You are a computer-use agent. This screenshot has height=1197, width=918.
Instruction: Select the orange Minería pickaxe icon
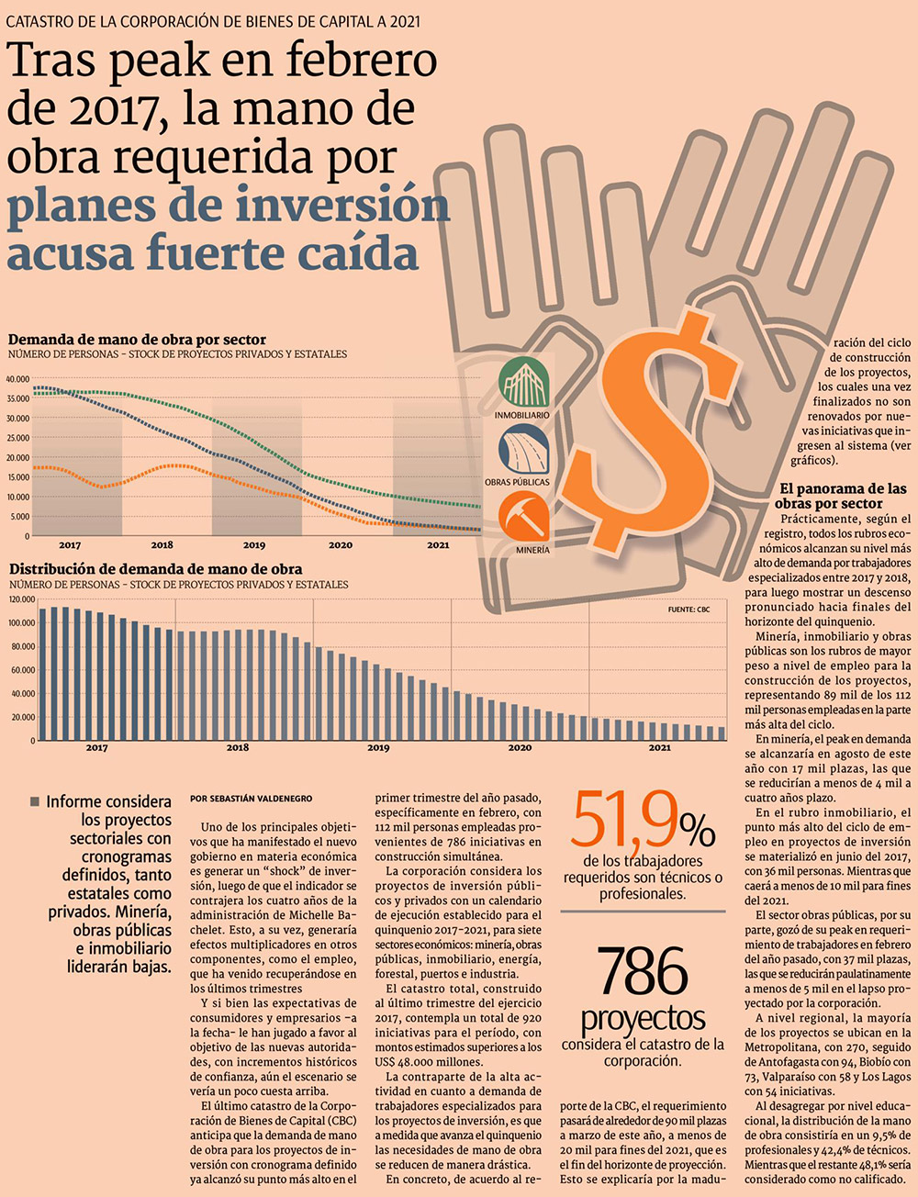[522, 517]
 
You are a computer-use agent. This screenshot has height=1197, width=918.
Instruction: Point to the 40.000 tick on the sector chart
[18, 378]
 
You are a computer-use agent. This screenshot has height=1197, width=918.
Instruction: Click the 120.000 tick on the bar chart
[21, 599]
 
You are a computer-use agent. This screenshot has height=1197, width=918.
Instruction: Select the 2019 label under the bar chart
[378, 748]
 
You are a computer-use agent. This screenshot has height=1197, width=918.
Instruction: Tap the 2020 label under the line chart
[341, 545]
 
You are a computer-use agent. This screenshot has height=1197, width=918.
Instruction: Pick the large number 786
[643, 972]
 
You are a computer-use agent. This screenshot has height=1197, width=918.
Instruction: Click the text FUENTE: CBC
[689, 610]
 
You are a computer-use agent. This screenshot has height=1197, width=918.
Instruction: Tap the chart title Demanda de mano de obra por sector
[138, 339]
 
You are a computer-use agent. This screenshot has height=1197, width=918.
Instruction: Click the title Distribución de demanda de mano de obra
[156, 569]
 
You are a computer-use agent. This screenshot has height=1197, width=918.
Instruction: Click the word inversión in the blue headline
[343, 205]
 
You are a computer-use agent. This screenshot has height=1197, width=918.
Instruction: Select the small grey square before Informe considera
[35, 802]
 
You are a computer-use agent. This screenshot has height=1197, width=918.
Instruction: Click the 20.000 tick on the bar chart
[23, 717]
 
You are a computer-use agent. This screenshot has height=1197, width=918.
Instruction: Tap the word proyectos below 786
[643, 1018]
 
